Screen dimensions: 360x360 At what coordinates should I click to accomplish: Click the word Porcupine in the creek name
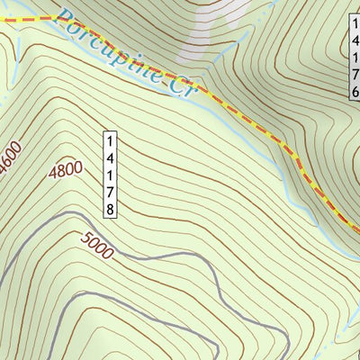click(112, 49)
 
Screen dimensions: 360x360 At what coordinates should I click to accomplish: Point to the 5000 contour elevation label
click(97, 246)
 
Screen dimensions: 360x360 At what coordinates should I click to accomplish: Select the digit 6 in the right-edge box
click(355, 93)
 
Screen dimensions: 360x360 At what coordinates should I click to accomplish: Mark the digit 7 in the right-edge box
click(355, 76)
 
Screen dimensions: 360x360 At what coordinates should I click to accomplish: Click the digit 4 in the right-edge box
click(355, 41)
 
